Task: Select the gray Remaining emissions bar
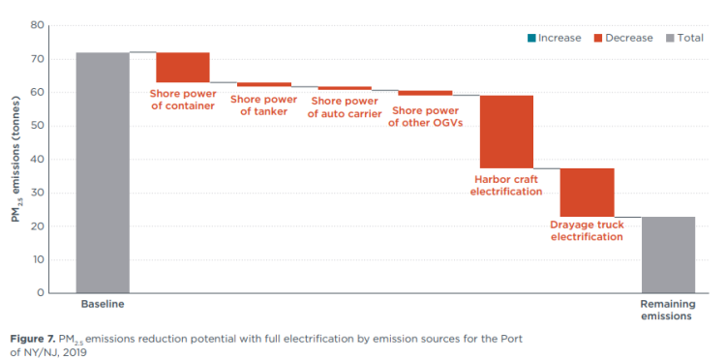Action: click(x=668, y=255)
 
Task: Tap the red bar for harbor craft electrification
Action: click(x=506, y=132)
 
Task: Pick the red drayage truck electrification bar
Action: click(x=587, y=192)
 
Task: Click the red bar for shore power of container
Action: click(x=183, y=68)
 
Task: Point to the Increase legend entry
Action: click(x=553, y=38)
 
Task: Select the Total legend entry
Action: click(x=682, y=38)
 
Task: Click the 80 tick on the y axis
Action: click(x=38, y=25)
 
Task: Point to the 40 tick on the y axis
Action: click(x=38, y=159)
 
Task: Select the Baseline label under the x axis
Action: click(x=103, y=304)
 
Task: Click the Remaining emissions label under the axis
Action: click(x=668, y=310)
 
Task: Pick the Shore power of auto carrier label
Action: click(x=345, y=107)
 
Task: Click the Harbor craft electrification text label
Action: click(x=506, y=185)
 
